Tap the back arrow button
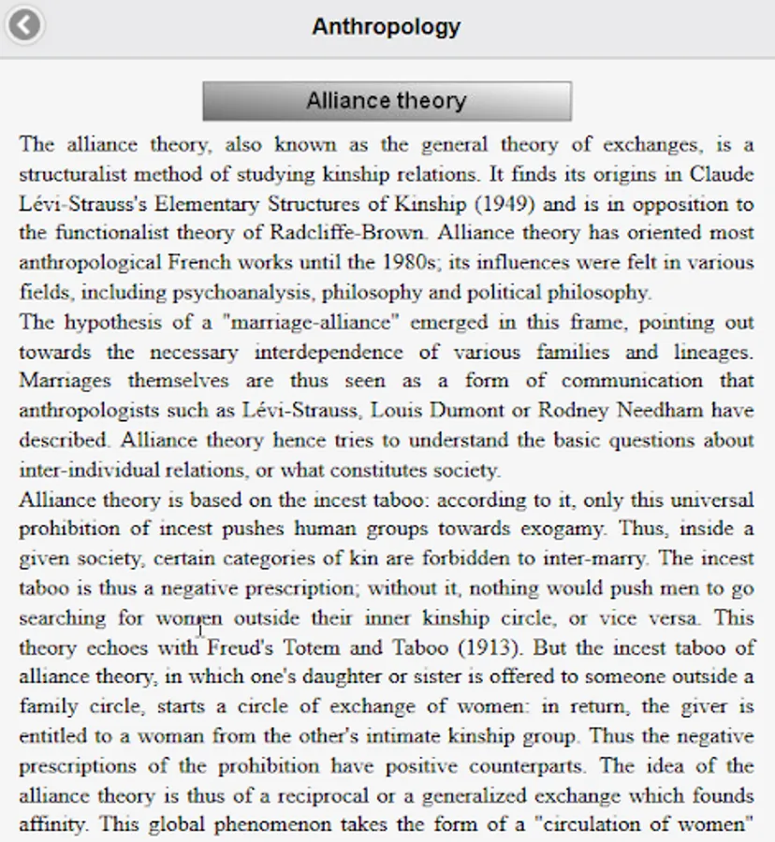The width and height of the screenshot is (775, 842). [x=24, y=24]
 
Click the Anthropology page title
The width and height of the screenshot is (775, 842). [x=386, y=26]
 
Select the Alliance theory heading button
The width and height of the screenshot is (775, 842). [x=387, y=101]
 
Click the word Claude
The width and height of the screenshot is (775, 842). [x=722, y=174]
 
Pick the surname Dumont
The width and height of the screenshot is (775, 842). [x=508, y=411]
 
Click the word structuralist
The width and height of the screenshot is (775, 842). [x=70, y=174]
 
